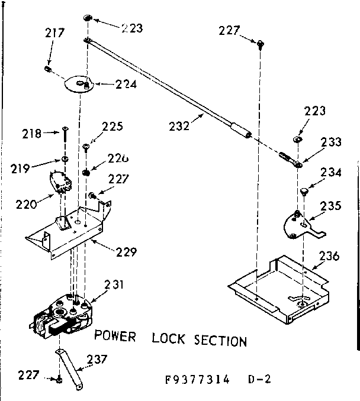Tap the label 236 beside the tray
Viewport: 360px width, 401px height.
[x=329, y=256]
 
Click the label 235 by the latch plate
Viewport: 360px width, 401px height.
[x=330, y=206]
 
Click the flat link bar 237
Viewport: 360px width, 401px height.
[x=69, y=370]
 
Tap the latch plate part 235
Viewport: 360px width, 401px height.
[x=300, y=224]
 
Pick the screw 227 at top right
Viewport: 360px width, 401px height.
[x=260, y=42]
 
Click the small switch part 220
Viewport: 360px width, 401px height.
[x=60, y=177]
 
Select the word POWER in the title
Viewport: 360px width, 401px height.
[x=115, y=337]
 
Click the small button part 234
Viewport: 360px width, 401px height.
[x=304, y=190]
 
